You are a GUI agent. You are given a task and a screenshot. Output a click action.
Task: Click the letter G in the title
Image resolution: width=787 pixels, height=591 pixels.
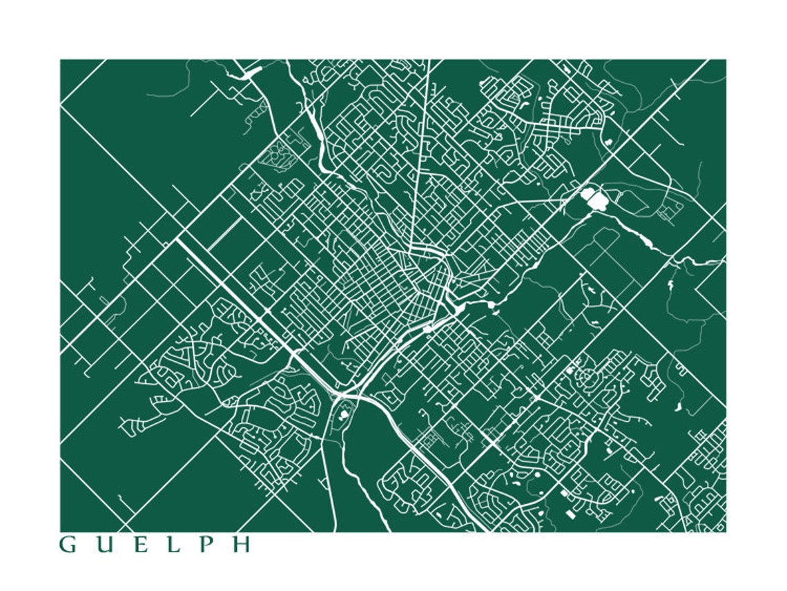68,545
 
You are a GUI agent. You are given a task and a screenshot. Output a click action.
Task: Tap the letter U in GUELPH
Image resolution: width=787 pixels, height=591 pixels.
104,545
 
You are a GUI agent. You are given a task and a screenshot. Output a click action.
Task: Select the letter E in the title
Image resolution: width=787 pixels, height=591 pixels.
141,545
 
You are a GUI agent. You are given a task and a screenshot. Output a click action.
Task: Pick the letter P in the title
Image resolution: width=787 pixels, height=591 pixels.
206,545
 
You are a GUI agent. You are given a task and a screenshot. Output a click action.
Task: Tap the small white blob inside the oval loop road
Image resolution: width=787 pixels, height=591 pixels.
344,415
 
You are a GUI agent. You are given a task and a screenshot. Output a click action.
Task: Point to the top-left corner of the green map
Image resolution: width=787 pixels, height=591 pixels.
61,60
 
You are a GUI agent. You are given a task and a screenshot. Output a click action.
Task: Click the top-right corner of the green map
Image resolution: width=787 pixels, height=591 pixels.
726,60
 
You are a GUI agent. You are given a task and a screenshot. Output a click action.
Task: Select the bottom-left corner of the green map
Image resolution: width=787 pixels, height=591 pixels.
61,531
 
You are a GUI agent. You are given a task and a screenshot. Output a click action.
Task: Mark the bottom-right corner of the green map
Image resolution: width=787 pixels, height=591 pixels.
726,531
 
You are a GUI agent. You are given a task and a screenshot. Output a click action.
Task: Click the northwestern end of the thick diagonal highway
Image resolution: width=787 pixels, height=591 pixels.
179,241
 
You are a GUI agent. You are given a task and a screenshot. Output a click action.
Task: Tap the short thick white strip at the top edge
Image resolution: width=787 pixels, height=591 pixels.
252,71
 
